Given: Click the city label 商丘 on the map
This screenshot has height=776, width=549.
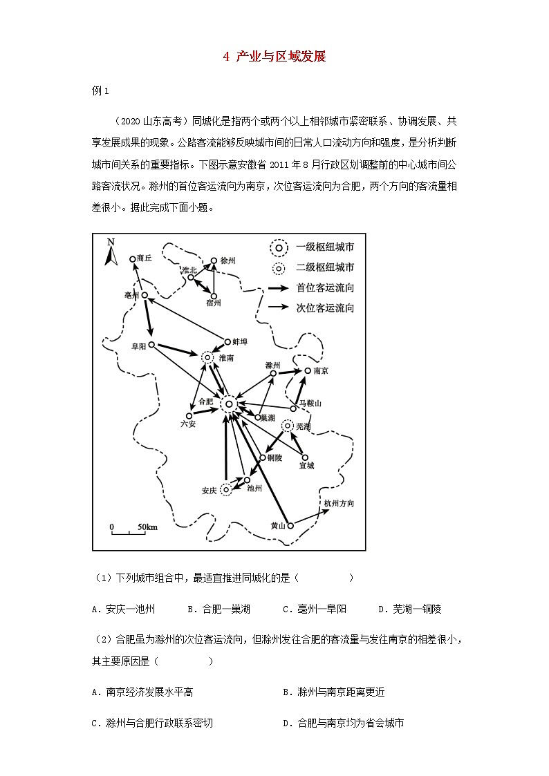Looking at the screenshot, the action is click(x=144, y=258).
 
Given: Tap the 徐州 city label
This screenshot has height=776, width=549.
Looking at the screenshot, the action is click(x=228, y=261).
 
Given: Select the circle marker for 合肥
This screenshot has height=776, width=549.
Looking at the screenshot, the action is click(x=229, y=404).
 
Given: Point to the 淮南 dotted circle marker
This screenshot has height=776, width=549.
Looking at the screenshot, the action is click(x=207, y=357).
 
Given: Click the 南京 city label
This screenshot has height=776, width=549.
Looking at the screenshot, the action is click(x=320, y=371).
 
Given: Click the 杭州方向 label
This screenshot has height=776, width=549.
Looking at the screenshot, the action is click(x=339, y=504).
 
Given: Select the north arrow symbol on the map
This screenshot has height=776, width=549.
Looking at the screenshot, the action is click(x=109, y=252).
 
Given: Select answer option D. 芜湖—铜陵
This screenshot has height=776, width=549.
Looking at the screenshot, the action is click(x=409, y=609).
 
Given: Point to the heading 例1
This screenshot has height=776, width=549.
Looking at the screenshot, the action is click(x=101, y=91).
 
